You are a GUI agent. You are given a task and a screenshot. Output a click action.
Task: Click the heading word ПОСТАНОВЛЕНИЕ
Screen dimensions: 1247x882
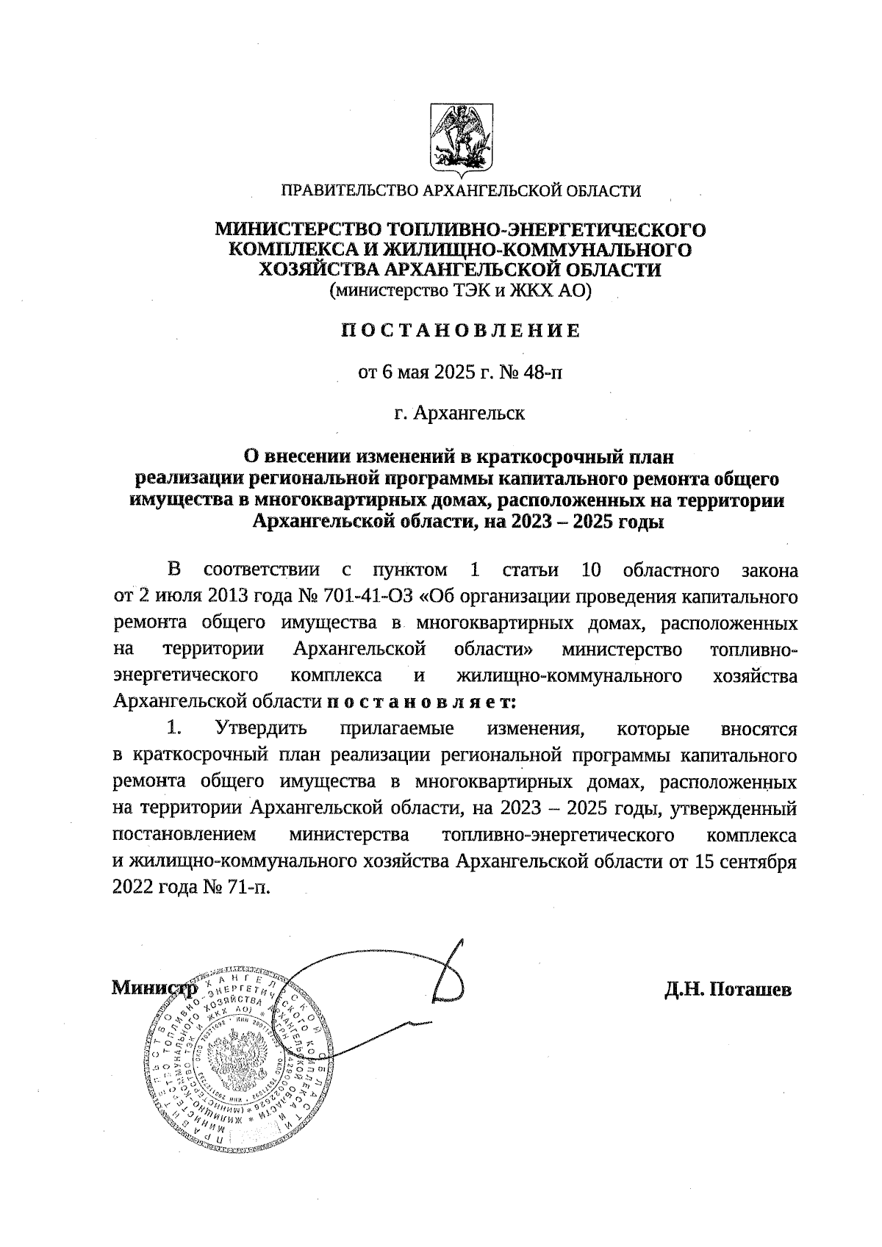[x=461, y=331]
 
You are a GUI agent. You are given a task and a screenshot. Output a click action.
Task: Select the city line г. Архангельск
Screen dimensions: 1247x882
[x=459, y=413]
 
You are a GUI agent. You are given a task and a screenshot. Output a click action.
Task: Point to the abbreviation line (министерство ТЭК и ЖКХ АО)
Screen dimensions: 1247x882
[x=460, y=291]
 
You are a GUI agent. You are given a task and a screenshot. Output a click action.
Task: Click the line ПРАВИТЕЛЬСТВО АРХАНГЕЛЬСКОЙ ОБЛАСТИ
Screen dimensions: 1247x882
[x=462, y=192]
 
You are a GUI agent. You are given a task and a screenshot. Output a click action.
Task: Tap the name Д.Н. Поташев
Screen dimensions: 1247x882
[x=728, y=990]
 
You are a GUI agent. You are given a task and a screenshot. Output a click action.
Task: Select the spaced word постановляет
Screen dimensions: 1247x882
[x=422, y=702]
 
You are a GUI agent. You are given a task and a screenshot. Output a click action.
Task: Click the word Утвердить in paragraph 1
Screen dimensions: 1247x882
[x=261, y=730]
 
